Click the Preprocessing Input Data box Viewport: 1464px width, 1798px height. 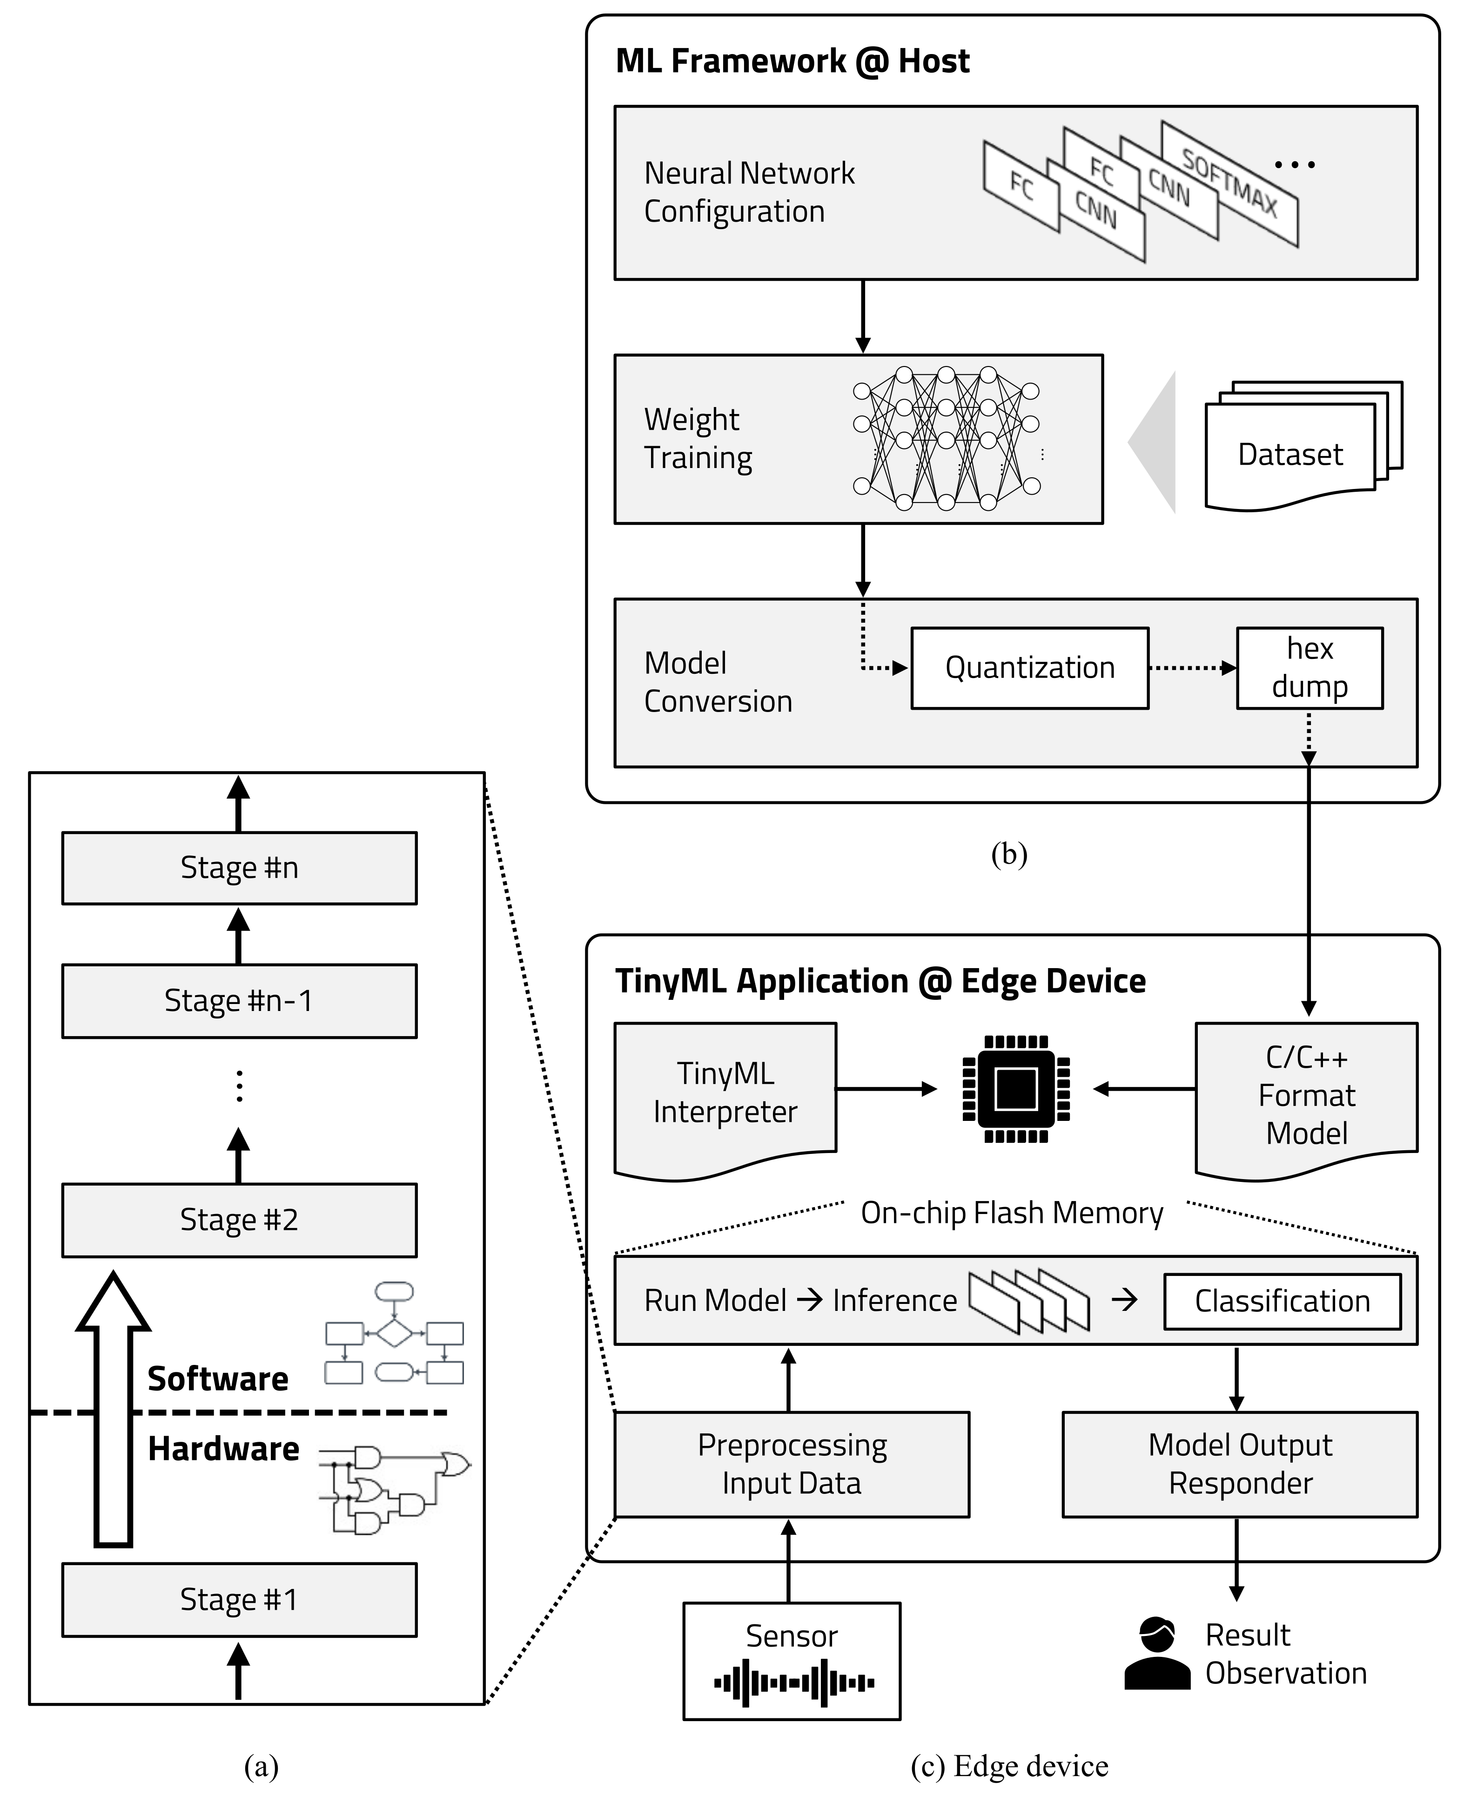pos(791,1464)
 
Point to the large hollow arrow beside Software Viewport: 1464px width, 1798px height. pos(113,1409)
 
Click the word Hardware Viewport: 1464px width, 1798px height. pos(223,1449)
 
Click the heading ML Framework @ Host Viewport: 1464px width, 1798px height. pos(792,61)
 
